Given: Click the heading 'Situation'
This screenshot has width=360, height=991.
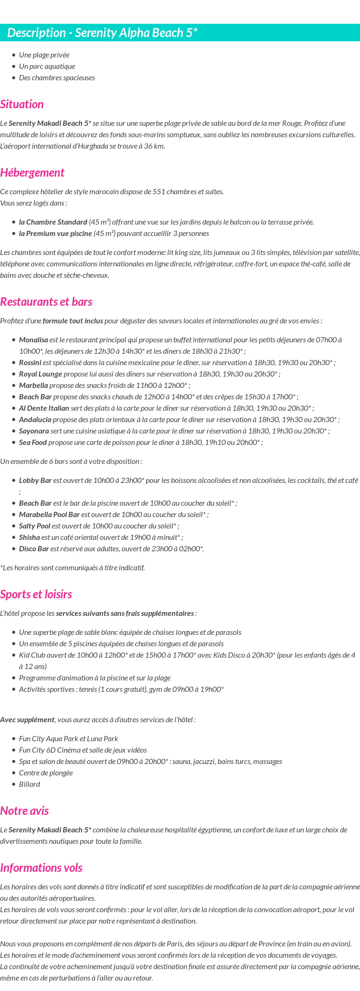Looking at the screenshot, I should pyautogui.click(x=22, y=104).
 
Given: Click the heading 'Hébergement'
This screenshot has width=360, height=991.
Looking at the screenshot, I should pyautogui.click(x=32, y=173).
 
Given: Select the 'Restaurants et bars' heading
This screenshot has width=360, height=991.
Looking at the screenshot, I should pyautogui.click(x=46, y=302).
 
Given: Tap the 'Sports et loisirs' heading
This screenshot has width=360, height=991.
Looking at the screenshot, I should pyautogui.click(x=36, y=595).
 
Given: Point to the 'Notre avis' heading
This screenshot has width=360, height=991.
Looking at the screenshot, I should pyautogui.click(x=24, y=811).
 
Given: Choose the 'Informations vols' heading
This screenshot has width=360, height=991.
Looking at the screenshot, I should pyautogui.click(x=41, y=868).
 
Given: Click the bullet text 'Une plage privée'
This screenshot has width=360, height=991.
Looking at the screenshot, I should pyautogui.click(x=44, y=55).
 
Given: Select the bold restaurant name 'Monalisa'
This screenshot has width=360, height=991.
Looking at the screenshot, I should pyautogui.click(x=33, y=340).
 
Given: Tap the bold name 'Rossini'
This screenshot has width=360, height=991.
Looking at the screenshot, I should pyautogui.click(x=30, y=363).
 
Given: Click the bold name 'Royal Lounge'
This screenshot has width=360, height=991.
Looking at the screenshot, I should pyautogui.click(x=40, y=374).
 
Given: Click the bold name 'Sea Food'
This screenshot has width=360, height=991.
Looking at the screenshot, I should pyautogui.click(x=33, y=443).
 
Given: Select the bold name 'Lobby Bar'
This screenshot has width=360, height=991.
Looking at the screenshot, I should pyautogui.click(x=35, y=481).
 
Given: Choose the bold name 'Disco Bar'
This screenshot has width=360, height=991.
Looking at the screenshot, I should pyautogui.click(x=34, y=549).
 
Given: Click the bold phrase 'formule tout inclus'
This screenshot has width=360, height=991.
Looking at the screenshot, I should pyautogui.click(x=73, y=321).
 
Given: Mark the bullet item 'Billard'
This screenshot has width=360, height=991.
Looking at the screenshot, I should pyautogui.click(x=29, y=784).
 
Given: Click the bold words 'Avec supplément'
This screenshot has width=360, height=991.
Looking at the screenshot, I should pyautogui.click(x=27, y=720).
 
